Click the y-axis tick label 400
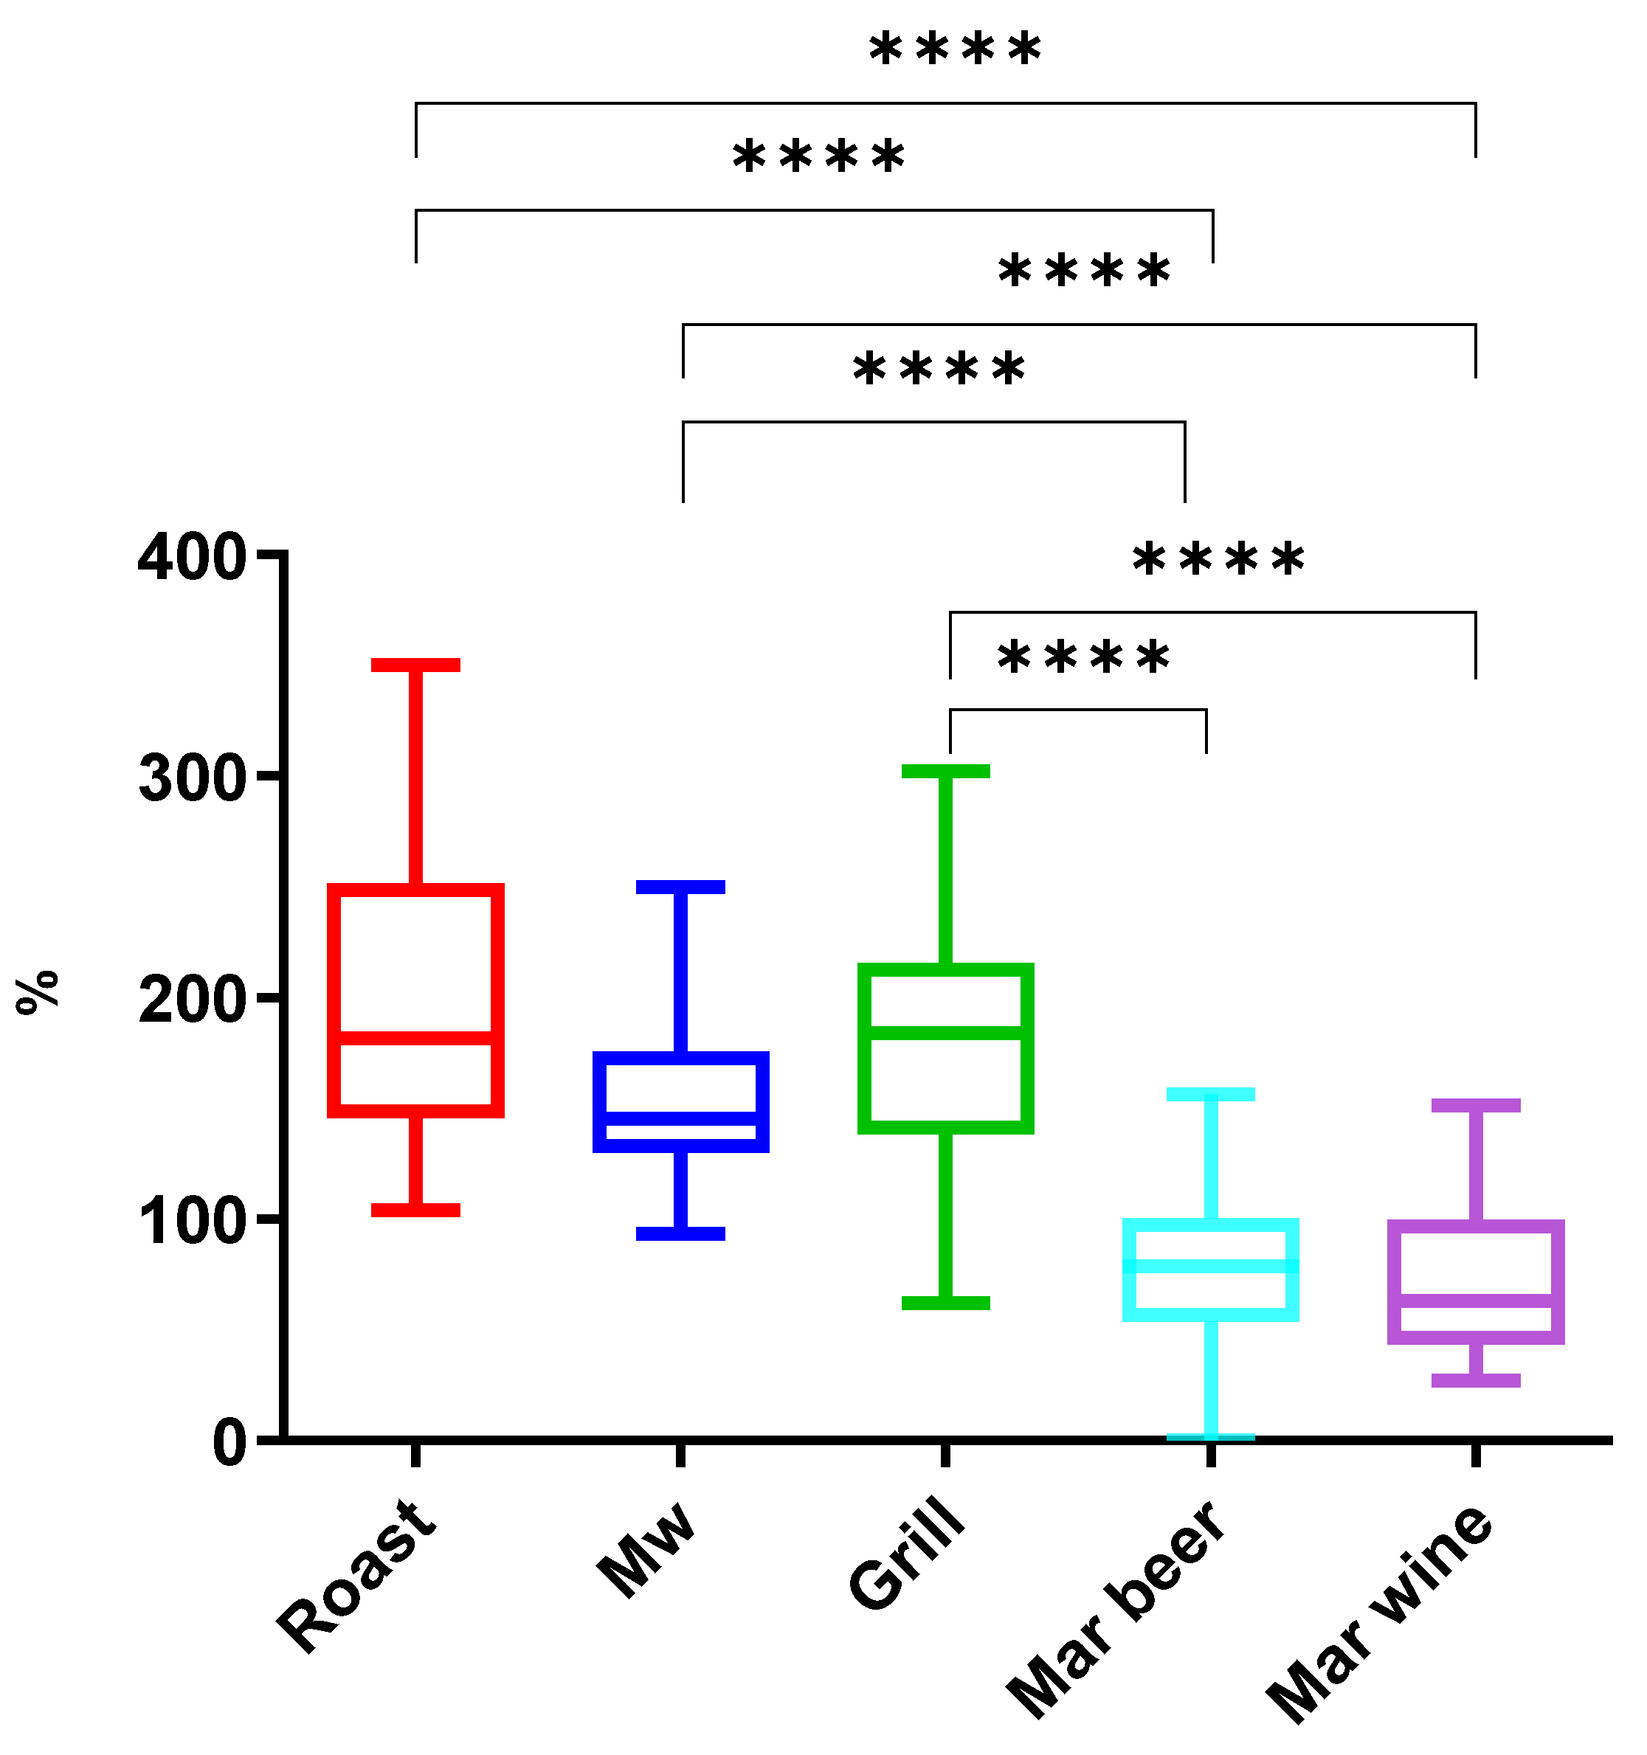coord(192,558)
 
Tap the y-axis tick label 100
coord(192,1222)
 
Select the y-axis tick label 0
coord(229,1444)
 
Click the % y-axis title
coord(37,992)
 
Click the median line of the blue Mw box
coord(681,1118)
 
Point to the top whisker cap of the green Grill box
coord(946,772)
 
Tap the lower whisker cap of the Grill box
coord(946,1303)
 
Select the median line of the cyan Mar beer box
coord(1211,1266)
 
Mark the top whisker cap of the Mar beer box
coord(1211,1095)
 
